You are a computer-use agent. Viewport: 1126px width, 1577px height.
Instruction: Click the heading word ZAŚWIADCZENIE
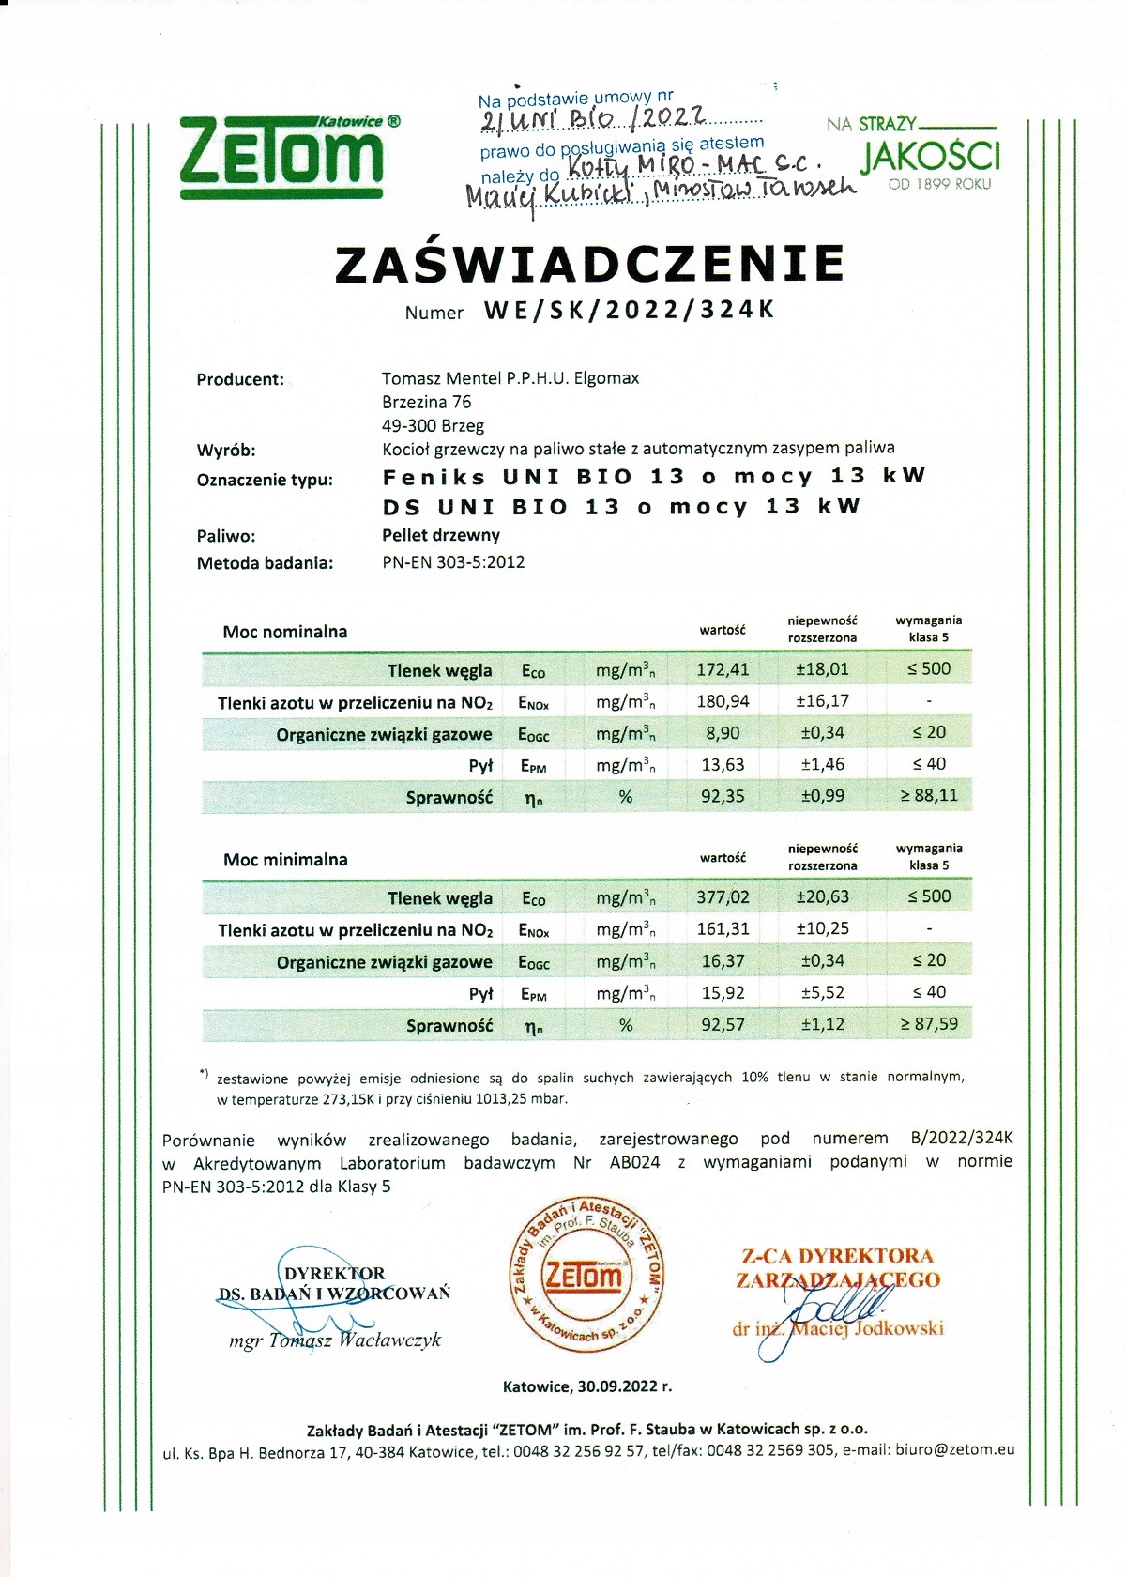coord(589,264)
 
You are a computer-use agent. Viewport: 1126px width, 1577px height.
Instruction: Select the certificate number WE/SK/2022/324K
coord(630,311)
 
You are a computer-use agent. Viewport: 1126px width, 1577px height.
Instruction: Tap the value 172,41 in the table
coord(723,669)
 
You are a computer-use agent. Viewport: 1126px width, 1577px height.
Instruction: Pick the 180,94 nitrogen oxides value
coord(723,701)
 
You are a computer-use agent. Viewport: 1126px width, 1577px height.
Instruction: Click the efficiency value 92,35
coord(723,796)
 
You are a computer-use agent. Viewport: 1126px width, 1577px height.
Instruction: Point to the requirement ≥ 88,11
coord(929,796)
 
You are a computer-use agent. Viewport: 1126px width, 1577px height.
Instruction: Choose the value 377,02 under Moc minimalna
coord(723,896)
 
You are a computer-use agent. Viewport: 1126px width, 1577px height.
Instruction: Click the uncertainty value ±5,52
coord(822,992)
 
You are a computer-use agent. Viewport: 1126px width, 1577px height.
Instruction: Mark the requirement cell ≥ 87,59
coord(929,1024)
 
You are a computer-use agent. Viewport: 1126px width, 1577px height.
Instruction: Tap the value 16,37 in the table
coord(723,960)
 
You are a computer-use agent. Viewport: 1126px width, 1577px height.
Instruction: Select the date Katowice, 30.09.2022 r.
coord(587,1386)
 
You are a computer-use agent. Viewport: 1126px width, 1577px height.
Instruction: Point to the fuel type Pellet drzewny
coord(441,535)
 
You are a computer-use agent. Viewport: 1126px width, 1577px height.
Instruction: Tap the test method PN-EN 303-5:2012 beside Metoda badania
coord(453,563)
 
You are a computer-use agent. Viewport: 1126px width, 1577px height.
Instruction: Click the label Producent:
coord(240,380)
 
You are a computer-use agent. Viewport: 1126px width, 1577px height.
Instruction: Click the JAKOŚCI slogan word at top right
coord(930,157)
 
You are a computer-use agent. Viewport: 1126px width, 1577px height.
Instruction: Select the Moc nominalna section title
coord(285,632)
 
